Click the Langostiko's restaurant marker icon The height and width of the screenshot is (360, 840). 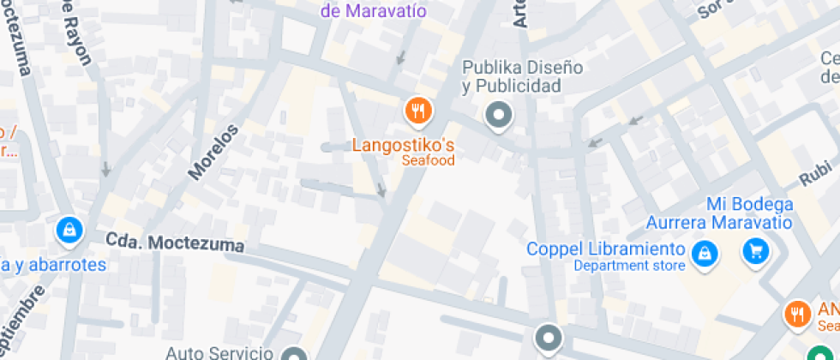[x=418, y=111]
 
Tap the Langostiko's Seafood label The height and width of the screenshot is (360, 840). [x=403, y=144]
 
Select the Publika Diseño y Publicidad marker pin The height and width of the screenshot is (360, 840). [x=498, y=114]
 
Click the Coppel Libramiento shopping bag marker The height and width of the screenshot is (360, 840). [x=704, y=252]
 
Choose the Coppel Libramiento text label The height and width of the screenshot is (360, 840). [x=606, y=249]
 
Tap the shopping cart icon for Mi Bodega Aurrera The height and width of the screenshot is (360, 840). [x=755, y=251]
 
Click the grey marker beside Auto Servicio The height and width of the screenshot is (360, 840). [x=296, y=354]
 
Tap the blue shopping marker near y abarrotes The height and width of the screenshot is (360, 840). [x=68, y=230]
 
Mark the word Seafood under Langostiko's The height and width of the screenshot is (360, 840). [x=428, y=159]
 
